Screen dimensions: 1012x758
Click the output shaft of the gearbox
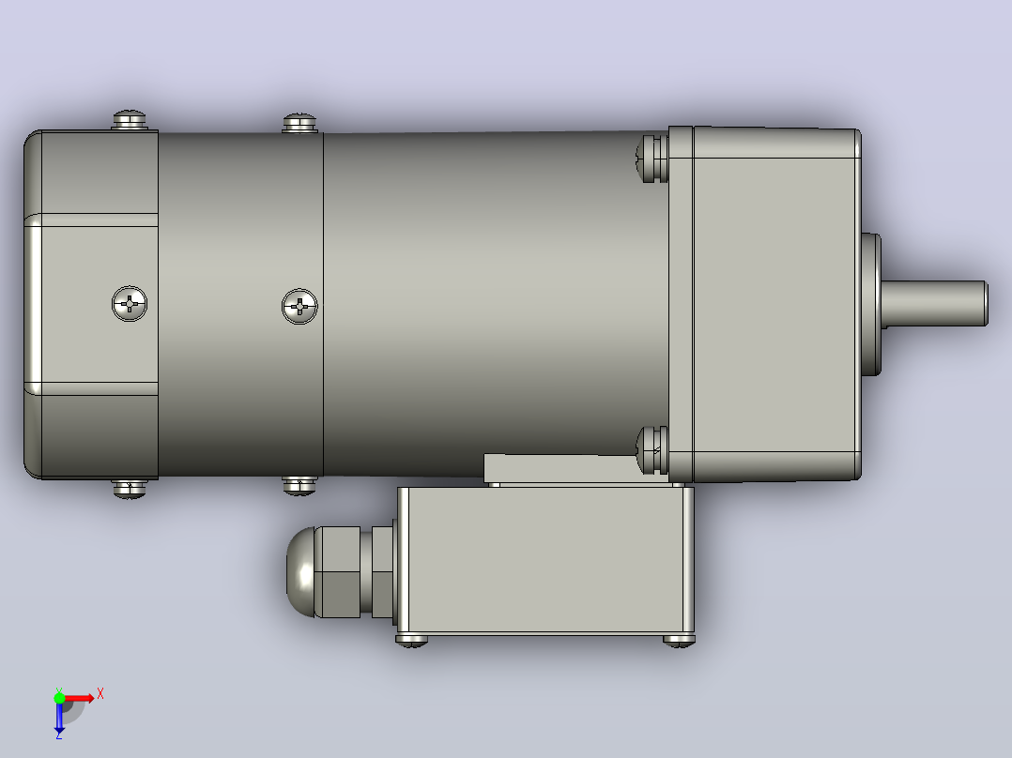click(934, 303)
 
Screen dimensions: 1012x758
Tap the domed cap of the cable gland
click(300, 571)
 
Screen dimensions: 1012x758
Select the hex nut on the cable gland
click(338, 571)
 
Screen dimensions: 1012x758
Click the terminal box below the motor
click(545, 561)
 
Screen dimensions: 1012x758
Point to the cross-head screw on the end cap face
click(130, 303)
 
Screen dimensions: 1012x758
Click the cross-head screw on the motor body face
click(299, 306)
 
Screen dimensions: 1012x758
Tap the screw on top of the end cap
click(130, 120)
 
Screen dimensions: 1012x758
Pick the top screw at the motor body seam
click(299, 123)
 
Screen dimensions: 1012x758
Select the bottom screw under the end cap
click(130, 489)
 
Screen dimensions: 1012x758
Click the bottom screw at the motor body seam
click(299, 485)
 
